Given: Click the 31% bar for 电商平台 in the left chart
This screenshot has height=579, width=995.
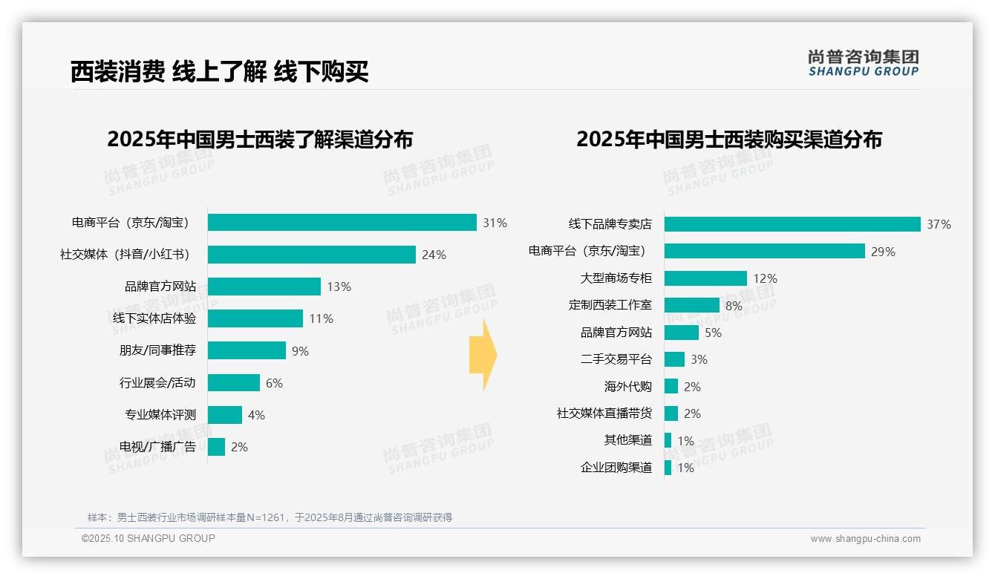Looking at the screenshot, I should pyautogui.click(x=342, y=223).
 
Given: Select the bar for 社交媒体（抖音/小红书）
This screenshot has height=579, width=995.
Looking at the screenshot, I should pyautogui.click(x=311, y=255).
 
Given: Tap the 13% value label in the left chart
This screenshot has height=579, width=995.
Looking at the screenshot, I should pyautogui.click(x=339, y=287).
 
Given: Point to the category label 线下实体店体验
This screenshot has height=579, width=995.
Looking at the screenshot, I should pyautogui.click(x=154, y=318).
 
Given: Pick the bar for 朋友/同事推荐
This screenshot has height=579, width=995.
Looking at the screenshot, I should pyautogui.click(x=247, y=350).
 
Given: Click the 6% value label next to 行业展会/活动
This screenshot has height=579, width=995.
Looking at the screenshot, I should pyautogui.click(x=274, y=383).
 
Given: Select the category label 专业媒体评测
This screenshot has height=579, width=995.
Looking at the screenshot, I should pyautogui.click(x=160, y=415).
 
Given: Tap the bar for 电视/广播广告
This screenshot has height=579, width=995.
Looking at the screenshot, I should pyautogui.click(x=216, y=447).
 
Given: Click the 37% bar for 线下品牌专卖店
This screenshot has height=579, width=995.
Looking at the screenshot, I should pyautogui.click(x=792, y=224).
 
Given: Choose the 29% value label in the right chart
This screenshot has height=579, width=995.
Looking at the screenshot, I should pyautogui.click(x=883, y=252).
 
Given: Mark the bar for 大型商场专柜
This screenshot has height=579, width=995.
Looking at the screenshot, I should pyautogui.click(x=705, y=278).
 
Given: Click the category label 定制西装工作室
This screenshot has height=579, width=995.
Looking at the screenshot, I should pyautogui.click(x=610, y=305).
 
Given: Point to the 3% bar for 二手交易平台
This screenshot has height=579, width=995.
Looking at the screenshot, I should pyautogui.click(x=674, y=359).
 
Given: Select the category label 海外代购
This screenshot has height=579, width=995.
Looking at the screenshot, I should pyautogui.click(x=627, y=387).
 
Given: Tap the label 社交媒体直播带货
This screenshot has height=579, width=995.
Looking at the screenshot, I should pyautogui.click(x=604, y=413).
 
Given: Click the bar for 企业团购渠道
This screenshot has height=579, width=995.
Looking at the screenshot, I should pyautogui.click(x=668, y=468).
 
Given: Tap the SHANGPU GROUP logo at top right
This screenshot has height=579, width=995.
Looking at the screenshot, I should pyautogui.click(x=863, y=63).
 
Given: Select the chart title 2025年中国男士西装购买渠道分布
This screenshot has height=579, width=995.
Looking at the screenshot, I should pyautogui.click(x=728, y=140).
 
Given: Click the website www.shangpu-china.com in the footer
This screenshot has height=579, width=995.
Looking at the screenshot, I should pyautogui.click(x=865, y=539).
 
